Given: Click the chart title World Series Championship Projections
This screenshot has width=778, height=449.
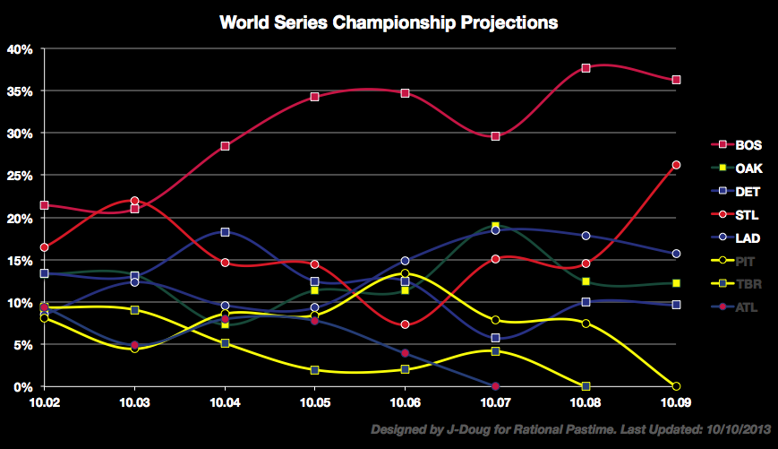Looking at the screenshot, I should coord(389,22).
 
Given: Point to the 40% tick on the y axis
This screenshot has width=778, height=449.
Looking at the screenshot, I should coord(20,48).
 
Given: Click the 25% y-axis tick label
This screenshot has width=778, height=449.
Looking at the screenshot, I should coord(20,176).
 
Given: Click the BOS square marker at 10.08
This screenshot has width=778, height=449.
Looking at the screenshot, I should coord(586,68).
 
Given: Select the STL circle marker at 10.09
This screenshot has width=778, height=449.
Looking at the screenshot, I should coord(676,165).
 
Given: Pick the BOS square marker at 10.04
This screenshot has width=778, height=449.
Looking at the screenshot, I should coord(225,146).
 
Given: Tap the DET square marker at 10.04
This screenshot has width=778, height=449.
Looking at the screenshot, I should coord(225,232).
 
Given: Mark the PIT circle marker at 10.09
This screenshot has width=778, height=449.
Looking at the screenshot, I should coord(676,386).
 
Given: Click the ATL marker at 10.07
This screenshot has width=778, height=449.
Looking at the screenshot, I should coord(495,386).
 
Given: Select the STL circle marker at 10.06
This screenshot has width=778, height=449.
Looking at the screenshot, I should coord(405,324).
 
